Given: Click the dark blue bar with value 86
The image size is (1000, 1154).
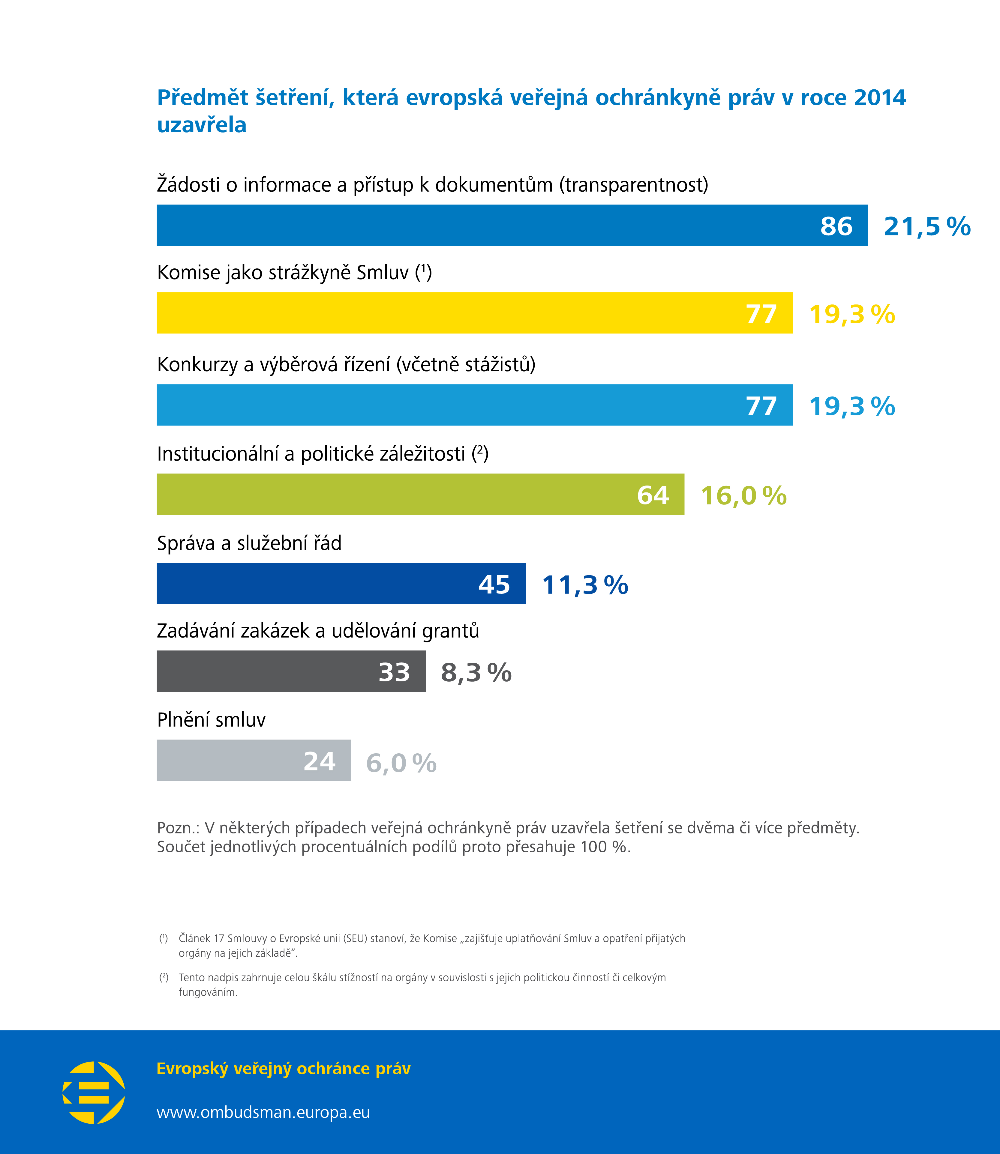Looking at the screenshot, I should pos(512,225).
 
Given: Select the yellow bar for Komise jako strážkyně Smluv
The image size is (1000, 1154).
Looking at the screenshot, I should pos(474,313).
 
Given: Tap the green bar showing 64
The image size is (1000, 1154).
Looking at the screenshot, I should pos(420,494).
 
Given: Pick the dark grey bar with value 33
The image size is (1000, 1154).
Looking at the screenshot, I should pos(291,671).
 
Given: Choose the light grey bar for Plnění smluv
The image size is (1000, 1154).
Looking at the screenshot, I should pos(253,760).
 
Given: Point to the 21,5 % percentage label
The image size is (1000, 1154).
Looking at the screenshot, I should pos(927,226).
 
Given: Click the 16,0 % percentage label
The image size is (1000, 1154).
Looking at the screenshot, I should pos(743,495).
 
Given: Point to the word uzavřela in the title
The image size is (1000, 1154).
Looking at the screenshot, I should pos(201,125).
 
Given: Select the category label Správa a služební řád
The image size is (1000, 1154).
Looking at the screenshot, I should pos(249,543).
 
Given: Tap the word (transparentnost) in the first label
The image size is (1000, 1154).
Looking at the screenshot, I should pos(634,185).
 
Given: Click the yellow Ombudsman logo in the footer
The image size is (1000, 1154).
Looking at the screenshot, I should pos(94,1092).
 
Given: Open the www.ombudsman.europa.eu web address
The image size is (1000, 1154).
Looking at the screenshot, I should pos(263,1112).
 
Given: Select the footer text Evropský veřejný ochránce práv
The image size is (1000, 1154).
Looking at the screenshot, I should pos(284,1068).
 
